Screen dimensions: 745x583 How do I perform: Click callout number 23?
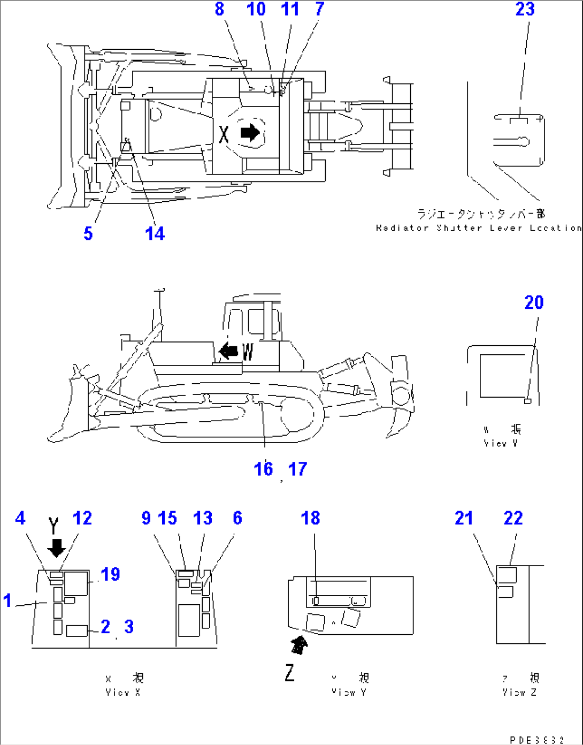525,9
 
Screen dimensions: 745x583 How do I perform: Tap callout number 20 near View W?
534,302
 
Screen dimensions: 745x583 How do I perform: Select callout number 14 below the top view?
155,233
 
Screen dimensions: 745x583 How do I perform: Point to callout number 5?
88,233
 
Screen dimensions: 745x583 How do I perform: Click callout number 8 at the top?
219,9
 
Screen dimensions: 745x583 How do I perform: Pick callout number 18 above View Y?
310,518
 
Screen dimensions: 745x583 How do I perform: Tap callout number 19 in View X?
111,574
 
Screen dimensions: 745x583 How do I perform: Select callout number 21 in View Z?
464,518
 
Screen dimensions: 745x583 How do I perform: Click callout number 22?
513,518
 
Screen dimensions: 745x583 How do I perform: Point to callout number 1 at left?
7,600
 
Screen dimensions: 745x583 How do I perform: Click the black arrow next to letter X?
250,132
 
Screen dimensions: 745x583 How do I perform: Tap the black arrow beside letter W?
229,351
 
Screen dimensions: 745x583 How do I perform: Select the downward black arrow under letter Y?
56,547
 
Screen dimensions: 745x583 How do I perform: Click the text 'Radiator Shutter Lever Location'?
479,228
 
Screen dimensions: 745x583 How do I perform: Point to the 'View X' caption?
123,692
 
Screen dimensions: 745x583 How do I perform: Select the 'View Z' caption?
519,692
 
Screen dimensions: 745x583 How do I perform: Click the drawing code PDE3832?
536,740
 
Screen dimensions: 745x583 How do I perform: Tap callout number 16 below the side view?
263,469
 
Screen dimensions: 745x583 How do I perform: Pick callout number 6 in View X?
237,518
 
